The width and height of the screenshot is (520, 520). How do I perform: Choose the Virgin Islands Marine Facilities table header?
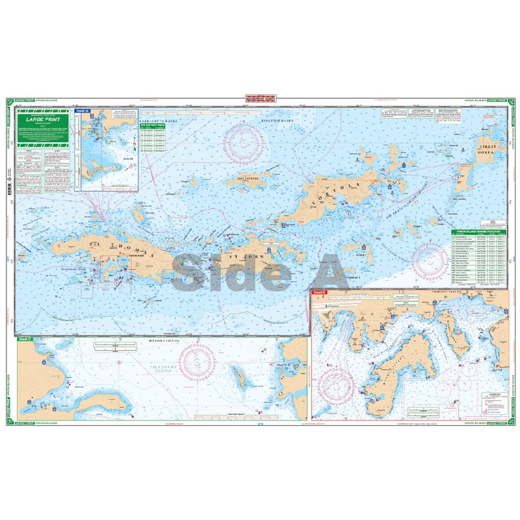coord(478,233)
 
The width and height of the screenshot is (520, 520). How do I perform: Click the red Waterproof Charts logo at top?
coord(260,99)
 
